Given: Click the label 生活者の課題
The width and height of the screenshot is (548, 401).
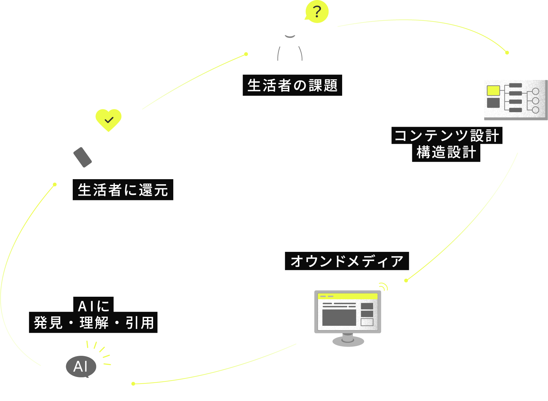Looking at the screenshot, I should click(292, 85).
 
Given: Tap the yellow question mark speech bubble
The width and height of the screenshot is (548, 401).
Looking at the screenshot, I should click(317, 12).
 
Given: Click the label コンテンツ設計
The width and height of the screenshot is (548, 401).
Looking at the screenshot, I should click(446, 136).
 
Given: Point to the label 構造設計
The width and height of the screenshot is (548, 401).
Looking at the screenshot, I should click(446, 153).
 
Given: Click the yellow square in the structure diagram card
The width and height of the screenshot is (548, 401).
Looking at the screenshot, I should click(493, 90).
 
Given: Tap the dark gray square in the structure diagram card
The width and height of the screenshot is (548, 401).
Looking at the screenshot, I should click(493, 103).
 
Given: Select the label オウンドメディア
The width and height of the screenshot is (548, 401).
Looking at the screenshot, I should click(347, 261).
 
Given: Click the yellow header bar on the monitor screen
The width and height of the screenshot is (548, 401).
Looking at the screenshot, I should click(348, 296).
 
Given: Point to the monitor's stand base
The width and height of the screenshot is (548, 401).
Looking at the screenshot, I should click(348, 342).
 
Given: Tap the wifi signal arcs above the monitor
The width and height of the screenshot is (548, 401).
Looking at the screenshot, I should click(384, 287).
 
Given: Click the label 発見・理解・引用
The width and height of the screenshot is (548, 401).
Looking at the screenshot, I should click(94, 323).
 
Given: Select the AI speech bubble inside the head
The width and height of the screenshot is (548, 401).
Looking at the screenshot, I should click(81, 367).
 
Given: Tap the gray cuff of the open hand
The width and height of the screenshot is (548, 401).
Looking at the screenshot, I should click(83, 157).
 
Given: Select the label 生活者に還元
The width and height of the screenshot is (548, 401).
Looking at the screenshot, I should click(123, 190).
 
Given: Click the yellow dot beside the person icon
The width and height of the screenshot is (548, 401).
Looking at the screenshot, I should click(246, 54).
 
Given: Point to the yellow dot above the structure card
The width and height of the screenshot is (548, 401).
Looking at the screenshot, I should click(507, 52).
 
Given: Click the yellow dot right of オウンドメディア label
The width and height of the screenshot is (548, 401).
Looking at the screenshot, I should click(406, 281).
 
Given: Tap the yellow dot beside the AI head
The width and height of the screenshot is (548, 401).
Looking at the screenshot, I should click(133, 384).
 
